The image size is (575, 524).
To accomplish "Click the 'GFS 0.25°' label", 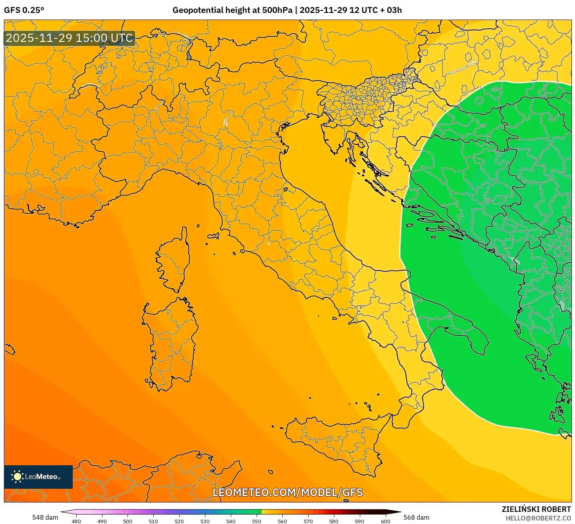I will tap(24, 10).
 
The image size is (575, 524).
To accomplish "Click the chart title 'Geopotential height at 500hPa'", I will tap(232, 10).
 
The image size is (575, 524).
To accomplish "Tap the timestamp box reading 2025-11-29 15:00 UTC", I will tap(70, 38).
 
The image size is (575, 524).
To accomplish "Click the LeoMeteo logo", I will tap(38, 477).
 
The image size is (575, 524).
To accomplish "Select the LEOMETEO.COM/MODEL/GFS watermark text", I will tap(287, 492).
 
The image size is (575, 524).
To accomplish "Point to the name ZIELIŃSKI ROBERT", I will tap(536, 509).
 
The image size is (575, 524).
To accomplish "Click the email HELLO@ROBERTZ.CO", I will tap(538, 518).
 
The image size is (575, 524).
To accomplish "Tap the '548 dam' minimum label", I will tap(45, 517).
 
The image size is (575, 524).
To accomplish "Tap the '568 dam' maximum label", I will tap(416, 517).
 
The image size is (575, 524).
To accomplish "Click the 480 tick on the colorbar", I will tap(76, 521).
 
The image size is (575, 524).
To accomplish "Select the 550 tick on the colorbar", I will tap(256, 521).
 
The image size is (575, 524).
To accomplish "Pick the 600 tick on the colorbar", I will tap(385, 521).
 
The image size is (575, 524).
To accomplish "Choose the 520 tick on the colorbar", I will tap(179, 521).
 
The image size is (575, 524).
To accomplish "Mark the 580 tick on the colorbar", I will tap(334, 521).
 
